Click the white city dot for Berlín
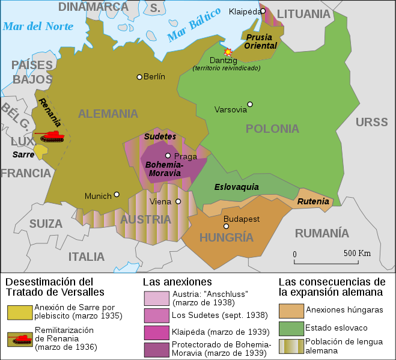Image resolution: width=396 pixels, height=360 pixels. (x=139, y=77)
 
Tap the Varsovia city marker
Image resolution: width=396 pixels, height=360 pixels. (x=250, y=105)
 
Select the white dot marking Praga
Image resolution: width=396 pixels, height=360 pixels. (x=168, y=156)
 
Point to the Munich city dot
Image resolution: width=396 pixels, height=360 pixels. (x=117, y=195)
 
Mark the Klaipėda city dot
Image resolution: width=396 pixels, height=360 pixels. (x=263, y=11)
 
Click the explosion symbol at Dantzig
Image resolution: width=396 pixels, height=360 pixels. (x=228, y=52)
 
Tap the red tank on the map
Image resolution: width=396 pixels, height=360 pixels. (x=50, y=136)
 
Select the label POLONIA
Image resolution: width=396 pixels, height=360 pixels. (x=272, y=129)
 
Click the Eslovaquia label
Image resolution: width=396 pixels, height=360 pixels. (x=236, y=187)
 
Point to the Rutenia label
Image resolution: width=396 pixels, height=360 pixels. (x=314, y=201)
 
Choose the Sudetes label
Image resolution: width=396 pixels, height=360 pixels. (x=160, y=136)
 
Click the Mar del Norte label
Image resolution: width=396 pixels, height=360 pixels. (x=38, y=26)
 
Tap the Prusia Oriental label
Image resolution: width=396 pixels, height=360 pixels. (x=260, y=41)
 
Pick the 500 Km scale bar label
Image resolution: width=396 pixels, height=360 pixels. (x=357, y=253)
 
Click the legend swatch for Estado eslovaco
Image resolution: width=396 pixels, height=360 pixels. (x=291, y=328)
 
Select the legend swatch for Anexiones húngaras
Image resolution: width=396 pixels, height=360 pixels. (x=291, y=311)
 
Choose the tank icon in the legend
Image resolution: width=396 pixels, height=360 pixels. (x=19, y=339)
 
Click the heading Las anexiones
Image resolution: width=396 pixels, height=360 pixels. (x=177, y=282)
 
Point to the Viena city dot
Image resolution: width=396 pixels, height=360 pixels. (x=178, y=202)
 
